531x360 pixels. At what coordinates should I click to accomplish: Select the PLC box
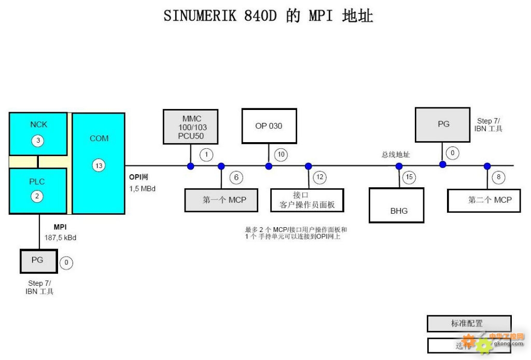click(x=38, y=190)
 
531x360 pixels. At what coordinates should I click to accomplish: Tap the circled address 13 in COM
click(x=99, y=165)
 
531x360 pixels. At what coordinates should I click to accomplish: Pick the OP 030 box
click(x=269, y=126)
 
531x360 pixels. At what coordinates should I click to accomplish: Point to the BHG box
click(x=396, y=205)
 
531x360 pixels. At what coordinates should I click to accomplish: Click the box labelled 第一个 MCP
click(x=221, y=200)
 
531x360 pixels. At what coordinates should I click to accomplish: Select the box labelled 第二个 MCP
click(x=483, y=200)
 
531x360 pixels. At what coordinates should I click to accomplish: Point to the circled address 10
click(x=281, y=155)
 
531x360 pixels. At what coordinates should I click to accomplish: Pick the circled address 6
click(x=236, y=178)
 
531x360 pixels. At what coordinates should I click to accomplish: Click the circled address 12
click(x=319, y=178)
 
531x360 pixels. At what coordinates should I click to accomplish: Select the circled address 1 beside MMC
click(x=206, y=155)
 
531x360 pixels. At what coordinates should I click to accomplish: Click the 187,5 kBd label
click(x=60, y=238)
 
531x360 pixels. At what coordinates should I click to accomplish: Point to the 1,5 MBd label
click(x=143, y=189)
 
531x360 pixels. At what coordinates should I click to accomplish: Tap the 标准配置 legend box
click(x=469, y=324)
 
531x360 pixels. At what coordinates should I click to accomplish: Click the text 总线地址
click(x=396, y=155)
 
